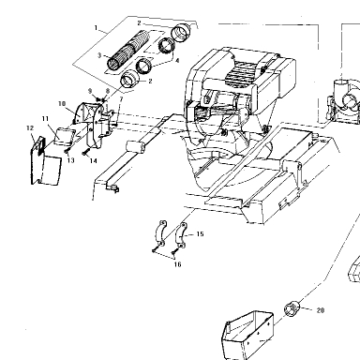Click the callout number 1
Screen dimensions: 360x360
97,28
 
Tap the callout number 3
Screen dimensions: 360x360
99,55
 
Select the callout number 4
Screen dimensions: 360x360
177,61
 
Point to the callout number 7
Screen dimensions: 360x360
121,99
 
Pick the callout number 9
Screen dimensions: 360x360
90,91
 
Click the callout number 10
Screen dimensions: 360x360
62,103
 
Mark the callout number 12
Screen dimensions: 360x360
30,127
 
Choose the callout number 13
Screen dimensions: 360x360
70,160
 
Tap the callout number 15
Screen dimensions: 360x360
201,233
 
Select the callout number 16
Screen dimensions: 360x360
177,264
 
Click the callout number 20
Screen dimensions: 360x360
321,310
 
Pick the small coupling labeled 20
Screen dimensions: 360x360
292,308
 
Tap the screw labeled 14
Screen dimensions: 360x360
85,153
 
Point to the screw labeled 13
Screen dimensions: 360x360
67,151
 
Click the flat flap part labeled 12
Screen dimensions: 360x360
45,162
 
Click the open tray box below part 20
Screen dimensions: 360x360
247,335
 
